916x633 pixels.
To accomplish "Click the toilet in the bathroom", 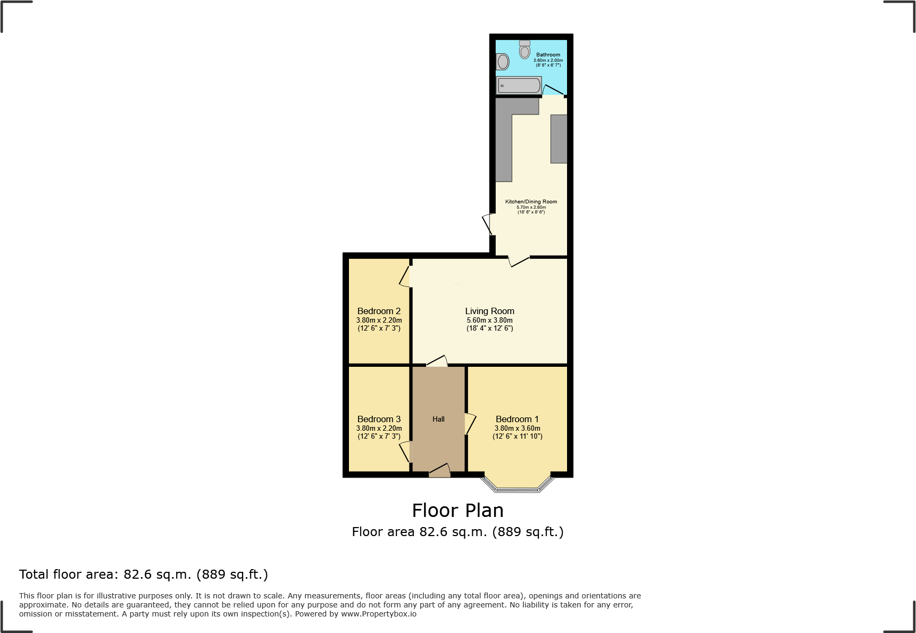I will (525, 50).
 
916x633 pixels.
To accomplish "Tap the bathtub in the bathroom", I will (519, 85).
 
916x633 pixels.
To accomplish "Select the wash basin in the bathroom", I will (503, 62).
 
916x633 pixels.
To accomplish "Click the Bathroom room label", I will (548, 54).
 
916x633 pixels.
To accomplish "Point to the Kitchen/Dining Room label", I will (531, 201).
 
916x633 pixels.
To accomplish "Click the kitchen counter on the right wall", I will (559, 138).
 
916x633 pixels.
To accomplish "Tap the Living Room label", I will (489, 311).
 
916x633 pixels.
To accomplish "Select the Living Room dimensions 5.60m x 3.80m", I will (489, 320).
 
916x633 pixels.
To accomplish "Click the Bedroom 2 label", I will (379, 311).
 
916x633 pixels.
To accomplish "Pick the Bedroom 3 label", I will (379, 419).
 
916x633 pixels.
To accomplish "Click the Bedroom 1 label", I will (517, 419).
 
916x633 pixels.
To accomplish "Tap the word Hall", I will (438, 419).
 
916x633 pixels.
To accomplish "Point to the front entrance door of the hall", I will (439, 471).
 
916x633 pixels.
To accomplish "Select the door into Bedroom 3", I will (406, 451).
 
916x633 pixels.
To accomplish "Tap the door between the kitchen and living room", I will (519, 261).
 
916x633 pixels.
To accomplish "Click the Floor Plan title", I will (457, 510).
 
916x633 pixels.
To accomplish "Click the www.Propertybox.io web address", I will (379, 614).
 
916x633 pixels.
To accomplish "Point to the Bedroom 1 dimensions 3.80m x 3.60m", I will (517, 428).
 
